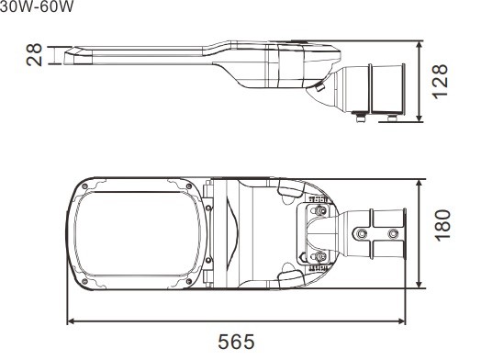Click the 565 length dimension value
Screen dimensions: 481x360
pos(236,342)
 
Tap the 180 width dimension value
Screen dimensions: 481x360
pos(442,226)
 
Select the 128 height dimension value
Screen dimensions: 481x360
pos(441,82)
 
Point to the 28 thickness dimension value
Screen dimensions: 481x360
pos(34,55)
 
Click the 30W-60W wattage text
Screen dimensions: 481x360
pos(37,6)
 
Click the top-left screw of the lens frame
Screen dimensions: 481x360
pos(85,186)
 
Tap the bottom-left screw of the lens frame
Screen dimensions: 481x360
pos(85,281)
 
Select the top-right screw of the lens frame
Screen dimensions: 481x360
pos(189,186)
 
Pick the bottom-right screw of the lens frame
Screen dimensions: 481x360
pos(189,281)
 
